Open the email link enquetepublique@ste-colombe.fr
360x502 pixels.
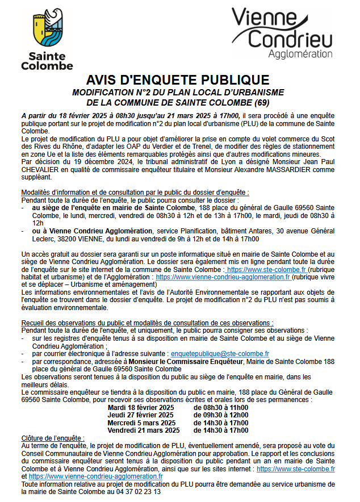coord(220,353)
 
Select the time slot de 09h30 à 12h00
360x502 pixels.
coord(221,415)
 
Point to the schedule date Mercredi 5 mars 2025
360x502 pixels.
coord(141,422)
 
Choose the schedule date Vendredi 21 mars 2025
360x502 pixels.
coord(144,430)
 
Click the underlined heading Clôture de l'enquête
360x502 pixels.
coord(52,438)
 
